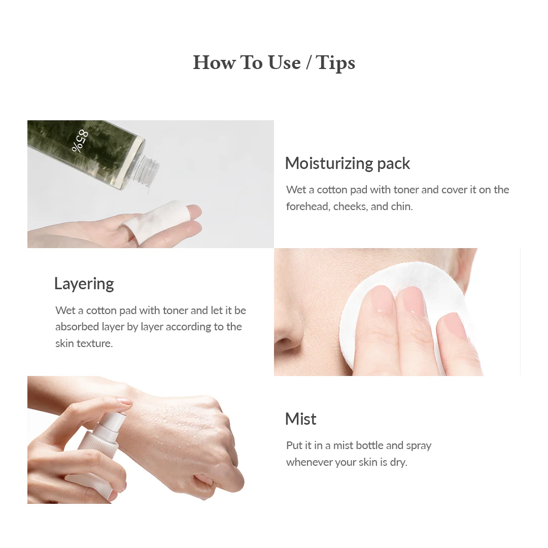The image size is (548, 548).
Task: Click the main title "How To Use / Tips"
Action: pyautogui.click(x=274, y=62)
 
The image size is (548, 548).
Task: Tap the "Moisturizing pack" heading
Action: pyautogui.click(x=347, y=163)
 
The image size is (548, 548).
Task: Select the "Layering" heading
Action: pyautogui.click(x=84, y=284)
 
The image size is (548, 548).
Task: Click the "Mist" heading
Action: pyautogui.click(x=300, y=419)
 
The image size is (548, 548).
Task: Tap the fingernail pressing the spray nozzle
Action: pyautogui.click(x=125, y=401)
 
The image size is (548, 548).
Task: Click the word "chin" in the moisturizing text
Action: pyautogui.click(x=401, y=207)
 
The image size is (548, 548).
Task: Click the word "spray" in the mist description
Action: pyautogui.click(x=419, y=446)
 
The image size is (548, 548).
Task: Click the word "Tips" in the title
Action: pyautogui.click(x=335, y=62)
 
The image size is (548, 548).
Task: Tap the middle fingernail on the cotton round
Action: pyautogui.click(x=410, y=301)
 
